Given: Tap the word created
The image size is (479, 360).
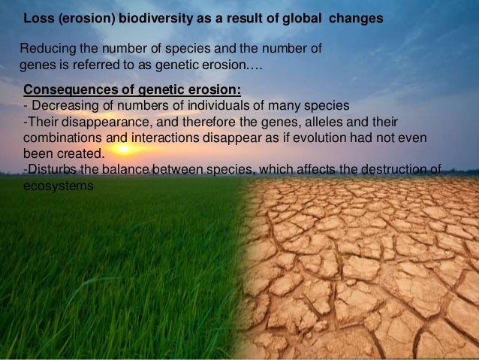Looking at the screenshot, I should (x=80, y=154).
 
